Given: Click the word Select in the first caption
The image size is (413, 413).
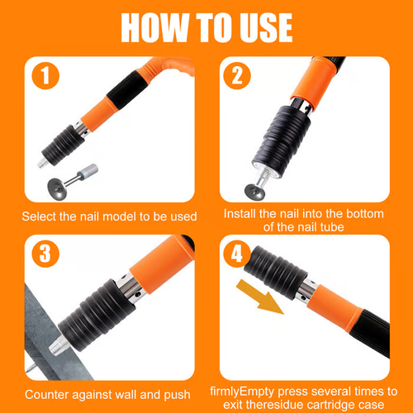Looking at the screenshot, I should pyautogui.click(x=43, y=216).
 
